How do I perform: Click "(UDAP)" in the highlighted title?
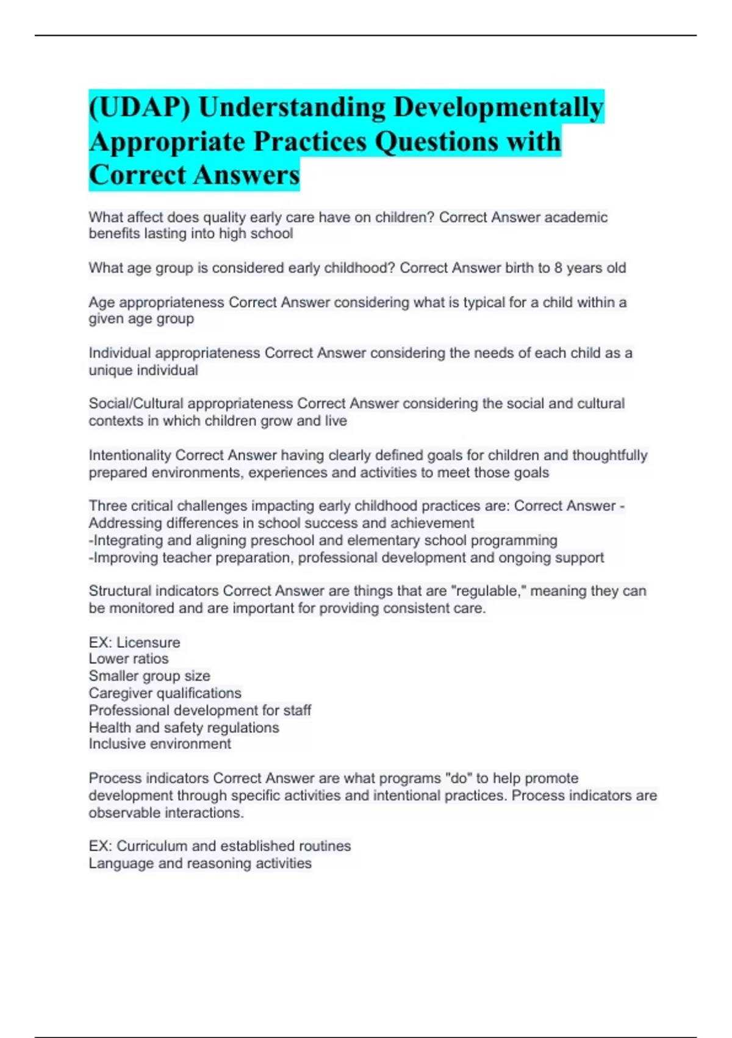tap(140, 107)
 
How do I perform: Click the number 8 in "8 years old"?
tap(558, 268)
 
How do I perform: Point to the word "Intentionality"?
tap(129, 455)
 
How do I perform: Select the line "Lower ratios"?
tap(129, 659)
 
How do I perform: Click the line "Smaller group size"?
tap(149, 676)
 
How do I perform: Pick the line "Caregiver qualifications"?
tap(165, 693)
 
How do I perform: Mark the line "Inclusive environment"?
tap(160, 744)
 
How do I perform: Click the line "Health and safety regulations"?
tap(184, 727)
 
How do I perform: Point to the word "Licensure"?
tap(148, 642)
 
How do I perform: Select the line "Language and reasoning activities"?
tap(200, 863)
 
